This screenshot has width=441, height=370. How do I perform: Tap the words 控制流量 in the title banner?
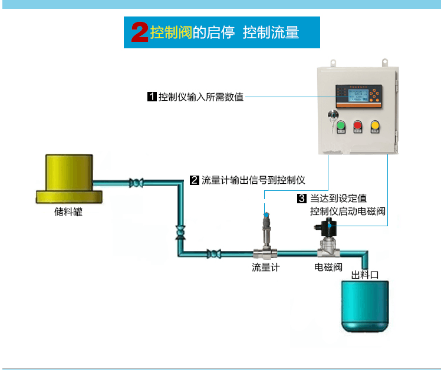pos(271,32)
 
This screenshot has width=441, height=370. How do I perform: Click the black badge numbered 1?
pos(152,97)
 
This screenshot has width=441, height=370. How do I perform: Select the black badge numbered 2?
pos(195,180)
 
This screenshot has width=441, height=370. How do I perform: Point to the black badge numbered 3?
pos(302,199)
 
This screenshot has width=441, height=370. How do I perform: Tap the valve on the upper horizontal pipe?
pos(137,183)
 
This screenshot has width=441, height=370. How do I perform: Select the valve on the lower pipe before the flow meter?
pos(213,254)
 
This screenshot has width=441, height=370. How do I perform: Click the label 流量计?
pos(265,267)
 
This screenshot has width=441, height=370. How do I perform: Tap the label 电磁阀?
pos(328,267)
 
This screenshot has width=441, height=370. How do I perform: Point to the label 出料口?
pos(364,275)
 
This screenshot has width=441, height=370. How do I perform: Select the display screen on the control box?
pos(352,95)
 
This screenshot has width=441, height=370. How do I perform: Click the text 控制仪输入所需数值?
pos(201,97)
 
